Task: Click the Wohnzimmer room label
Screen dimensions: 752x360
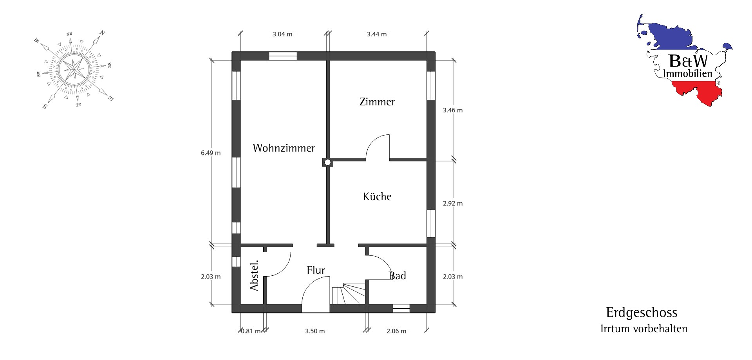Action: pos(284,148)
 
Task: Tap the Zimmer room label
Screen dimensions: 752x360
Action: pos(377,102)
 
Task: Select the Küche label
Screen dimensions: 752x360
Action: pos(377,196)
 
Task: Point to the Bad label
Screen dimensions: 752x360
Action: pos(398,276)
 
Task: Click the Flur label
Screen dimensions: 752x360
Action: pos(316,270)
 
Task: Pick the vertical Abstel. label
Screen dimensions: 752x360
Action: pos(254,275)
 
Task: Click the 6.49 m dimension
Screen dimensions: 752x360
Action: pos(211,153)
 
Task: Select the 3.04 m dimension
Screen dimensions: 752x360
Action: pos(282,34)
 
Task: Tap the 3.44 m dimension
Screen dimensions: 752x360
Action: pos(377,34)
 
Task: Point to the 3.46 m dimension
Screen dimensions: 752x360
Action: pos(453,110)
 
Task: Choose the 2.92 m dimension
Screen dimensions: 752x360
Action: pos(453,204)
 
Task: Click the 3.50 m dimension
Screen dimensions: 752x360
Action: pos(315,331)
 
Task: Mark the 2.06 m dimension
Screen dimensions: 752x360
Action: pos(396,331)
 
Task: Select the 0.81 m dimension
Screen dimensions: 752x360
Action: pos(251,331)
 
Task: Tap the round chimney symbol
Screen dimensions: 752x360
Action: pos(327,162)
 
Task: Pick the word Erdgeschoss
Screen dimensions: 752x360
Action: pos(642,313)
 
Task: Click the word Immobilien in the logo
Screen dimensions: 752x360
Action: pos(687,73)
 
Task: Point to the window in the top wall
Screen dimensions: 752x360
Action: pos(283,56)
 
